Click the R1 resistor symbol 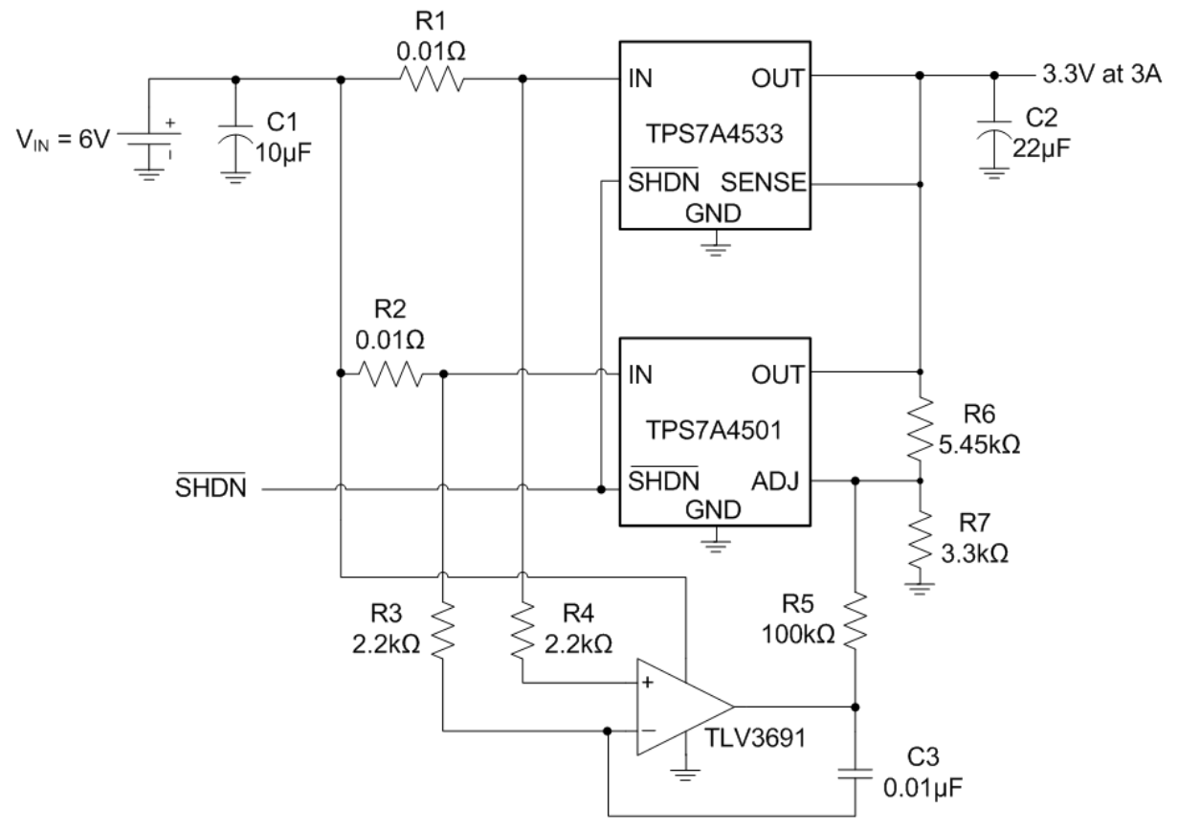click(x=430, y=79)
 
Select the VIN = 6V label click(x=58, y=137)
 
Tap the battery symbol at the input click(x=145, y=137)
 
